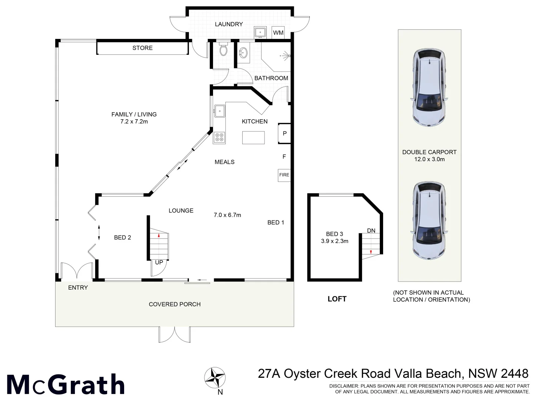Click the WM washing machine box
click(278, 33)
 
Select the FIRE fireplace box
click(284, 175)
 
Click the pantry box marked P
click(284, 133)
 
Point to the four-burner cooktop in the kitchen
click(219, 138)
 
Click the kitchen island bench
click(253, 137)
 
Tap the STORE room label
click(143, 48)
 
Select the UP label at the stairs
click(159, 262)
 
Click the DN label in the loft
click(371, 231)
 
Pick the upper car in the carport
click(429, 87)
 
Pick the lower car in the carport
click(429, 220)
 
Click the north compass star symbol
click(215, 377)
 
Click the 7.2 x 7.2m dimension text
click(134, 121)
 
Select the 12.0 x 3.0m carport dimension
click(429, 159)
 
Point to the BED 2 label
click(123, 237)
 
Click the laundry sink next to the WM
click(260, 32)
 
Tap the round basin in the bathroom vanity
click(244, 53)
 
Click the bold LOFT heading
click(337, 299)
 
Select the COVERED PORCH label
click(175, 304)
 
